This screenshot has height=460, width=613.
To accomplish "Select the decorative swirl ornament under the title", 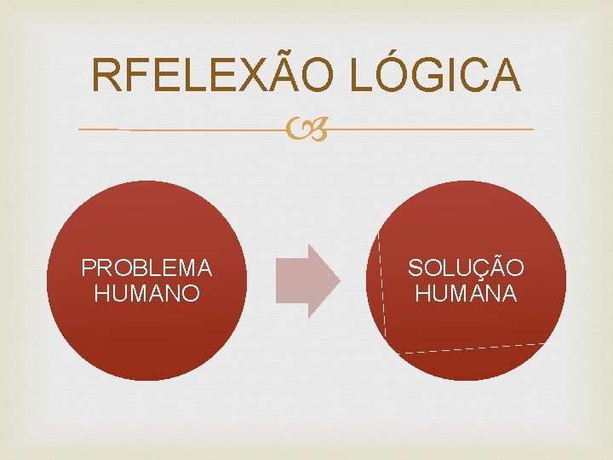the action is coord(306,130).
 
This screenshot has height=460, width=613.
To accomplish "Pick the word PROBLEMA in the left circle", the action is coord(146,268).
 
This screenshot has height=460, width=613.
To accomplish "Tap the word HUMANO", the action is coord(146,294).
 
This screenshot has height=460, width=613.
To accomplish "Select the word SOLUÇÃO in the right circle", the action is coord(466,268).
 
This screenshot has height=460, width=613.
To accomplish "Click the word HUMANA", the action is coord(466,294).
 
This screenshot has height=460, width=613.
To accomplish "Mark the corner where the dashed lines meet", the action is coord(387,352).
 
